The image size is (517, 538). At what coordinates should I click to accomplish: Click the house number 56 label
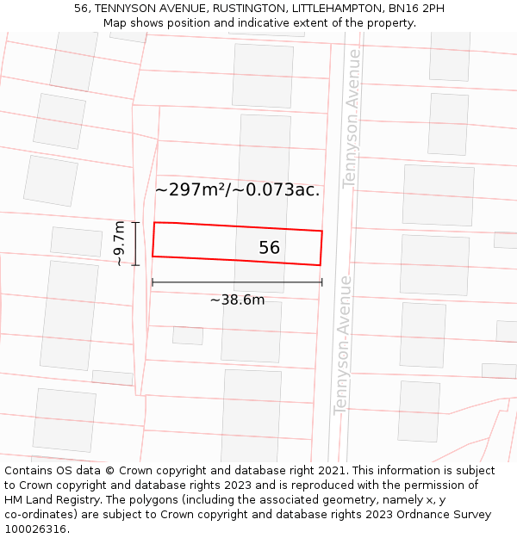pos(269,248)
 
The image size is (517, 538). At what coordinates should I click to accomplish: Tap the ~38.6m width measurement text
pos(237,300)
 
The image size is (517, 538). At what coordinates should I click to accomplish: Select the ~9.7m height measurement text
pos(120,244)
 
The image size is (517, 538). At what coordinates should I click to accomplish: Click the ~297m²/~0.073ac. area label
pos(237,189)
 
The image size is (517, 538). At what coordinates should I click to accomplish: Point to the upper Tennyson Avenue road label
pos(350,142)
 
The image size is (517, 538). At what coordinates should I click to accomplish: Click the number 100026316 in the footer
pos(36,529)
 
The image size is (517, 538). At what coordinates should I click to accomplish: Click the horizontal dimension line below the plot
pos(237,281)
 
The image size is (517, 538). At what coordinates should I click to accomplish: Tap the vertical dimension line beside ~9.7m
pos(135,244)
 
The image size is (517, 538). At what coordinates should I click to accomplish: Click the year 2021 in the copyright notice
pos(330,471)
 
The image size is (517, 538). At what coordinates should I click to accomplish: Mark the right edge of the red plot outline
pos(321,248)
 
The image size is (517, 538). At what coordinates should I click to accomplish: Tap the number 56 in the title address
pos(82,9)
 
